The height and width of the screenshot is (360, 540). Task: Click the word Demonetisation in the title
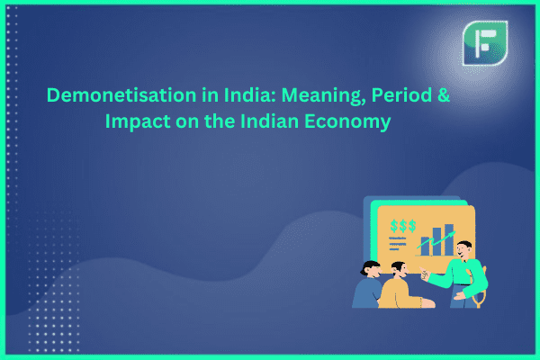tap(121, 94)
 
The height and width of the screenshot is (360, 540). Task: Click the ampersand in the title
tap(444, 95)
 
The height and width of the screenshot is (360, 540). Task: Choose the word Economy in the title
tap(347, 122)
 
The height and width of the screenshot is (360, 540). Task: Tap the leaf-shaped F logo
tap(485, 43)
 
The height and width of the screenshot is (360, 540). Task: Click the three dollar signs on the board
tap(403, 226)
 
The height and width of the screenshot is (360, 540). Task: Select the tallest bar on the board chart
tap(449, 239)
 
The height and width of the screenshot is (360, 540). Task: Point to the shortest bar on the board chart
tap(426, 246)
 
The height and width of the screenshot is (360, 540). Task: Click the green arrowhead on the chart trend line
tap(452, 234)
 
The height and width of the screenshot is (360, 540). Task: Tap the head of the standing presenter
tap(464, 250)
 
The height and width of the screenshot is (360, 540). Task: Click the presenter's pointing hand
tap(424, 274)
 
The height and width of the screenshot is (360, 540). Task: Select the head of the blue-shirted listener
tap(372, 269)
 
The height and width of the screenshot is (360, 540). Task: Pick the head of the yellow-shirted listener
tap(400, 270)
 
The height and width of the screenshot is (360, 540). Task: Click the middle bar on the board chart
tap(436, 241)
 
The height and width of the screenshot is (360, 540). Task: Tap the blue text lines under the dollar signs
tap(397, 243)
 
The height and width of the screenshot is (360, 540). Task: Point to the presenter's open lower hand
tap(459, 296)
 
